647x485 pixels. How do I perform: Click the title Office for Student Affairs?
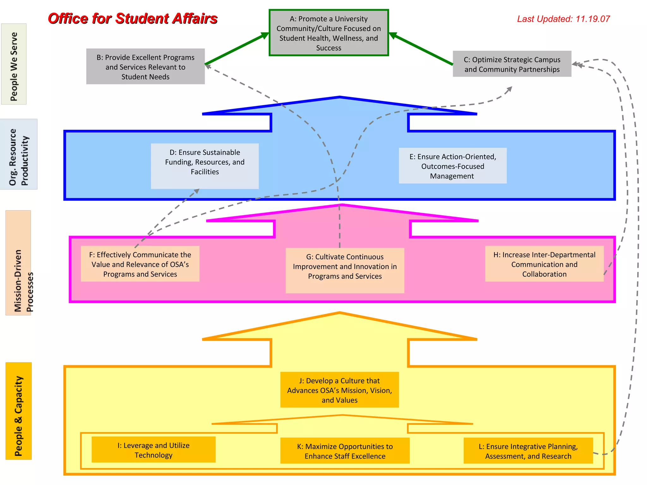point(133,19)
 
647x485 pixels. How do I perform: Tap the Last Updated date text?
point(563,19)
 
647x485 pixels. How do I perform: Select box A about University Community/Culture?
point(329,33)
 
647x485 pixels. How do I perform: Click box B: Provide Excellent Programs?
point(145,67)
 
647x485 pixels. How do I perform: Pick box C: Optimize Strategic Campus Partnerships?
point(512,64)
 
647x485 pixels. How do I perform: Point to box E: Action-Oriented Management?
point(452,166)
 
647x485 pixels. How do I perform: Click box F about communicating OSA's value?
point(140,264)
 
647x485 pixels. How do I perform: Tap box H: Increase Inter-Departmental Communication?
point(544,264)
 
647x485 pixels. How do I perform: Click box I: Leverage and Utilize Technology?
point(154,450)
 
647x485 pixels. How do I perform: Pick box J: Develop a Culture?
point(339,390)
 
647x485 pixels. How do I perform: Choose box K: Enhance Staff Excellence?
point(345,451)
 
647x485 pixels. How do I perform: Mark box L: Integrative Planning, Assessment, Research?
point(528,451)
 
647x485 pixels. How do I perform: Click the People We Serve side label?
point(14,64)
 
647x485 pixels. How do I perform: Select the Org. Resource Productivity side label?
point(19,154)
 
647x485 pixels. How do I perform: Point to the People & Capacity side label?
point(19,411)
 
